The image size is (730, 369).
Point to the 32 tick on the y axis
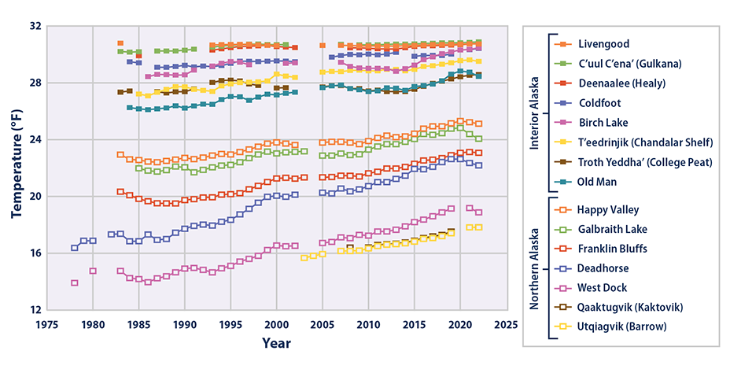35,26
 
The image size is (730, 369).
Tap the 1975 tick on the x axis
47,323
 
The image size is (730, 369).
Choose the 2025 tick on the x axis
507,323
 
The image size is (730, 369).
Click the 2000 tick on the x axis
277,323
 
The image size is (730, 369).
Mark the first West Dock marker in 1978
75,282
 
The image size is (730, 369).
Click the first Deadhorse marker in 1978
75,248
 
